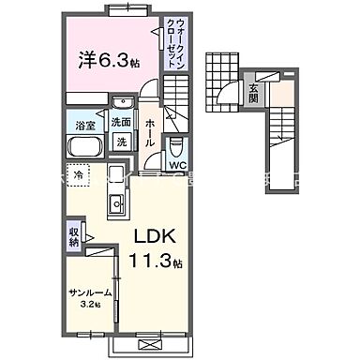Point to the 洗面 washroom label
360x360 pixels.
pyautogui.click(x=121, y=123)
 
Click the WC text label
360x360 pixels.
pyautogui.click(x=178, y=157)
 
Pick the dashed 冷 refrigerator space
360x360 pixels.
pyautogui.click(x=81, y=175)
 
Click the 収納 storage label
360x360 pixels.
pyautogui.click(x=74, y=236)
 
